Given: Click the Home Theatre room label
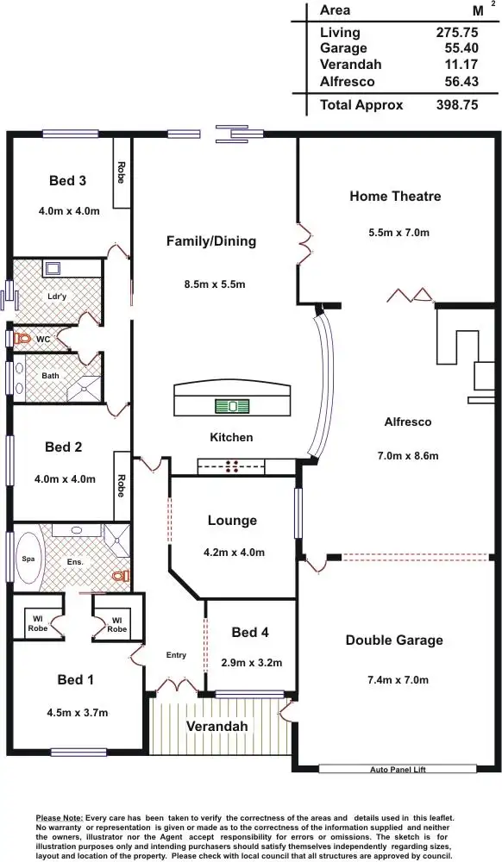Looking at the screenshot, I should coord(395,197).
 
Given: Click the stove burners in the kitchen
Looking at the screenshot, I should coord(231,467).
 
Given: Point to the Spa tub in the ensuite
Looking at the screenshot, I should coord(28,559).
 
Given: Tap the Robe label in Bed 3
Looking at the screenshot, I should coord(122,172).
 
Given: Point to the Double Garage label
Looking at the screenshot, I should coord(394,640).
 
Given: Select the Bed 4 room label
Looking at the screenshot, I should coord(251,632).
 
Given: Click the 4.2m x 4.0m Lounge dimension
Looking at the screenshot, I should coord(233,553).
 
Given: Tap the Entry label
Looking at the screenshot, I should coord(176,656).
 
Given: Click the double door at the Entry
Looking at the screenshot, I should coord(177,687).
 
